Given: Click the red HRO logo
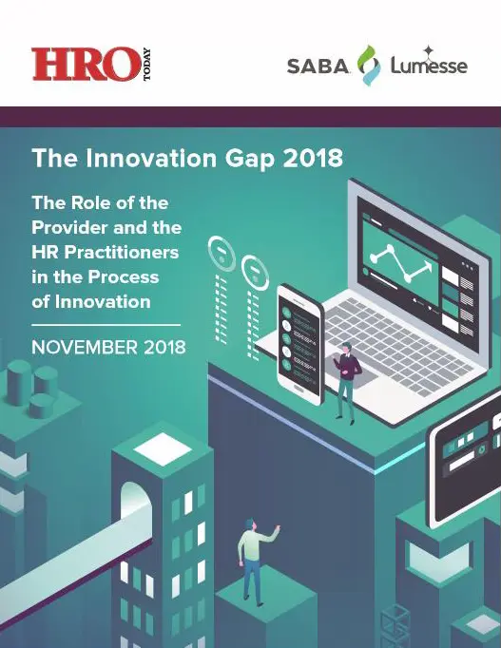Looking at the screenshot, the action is pyautogui.click(x=86, y=64).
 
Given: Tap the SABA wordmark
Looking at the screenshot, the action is pyautogui.click(x=318, y=67).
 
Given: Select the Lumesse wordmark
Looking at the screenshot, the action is pyautogui.click(x=429, y=66).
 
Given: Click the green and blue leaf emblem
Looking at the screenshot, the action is pyautogui.click(x=368, y=66).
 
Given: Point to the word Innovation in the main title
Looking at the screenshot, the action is pyautogui.click(x=151, y=158).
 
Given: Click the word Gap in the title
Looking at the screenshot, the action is pyautogui.click(x=250, y=159).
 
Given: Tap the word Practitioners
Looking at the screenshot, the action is pyautogui.click(x=121, y=252).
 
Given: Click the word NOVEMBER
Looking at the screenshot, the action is pyautogui.click(x=85, y=347).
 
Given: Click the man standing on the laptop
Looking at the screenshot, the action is pyautogui.click(x=346, y=382).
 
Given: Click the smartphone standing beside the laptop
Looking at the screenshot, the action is pyautogui.click(x=300, y=344).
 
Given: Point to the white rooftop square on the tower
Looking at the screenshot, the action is pyautogui.click(x=163, y=449).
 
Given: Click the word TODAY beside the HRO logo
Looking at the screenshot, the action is pyautogui.click(x=146, y=65).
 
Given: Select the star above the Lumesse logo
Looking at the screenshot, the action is pyautogui.click(x=429, y=50).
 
